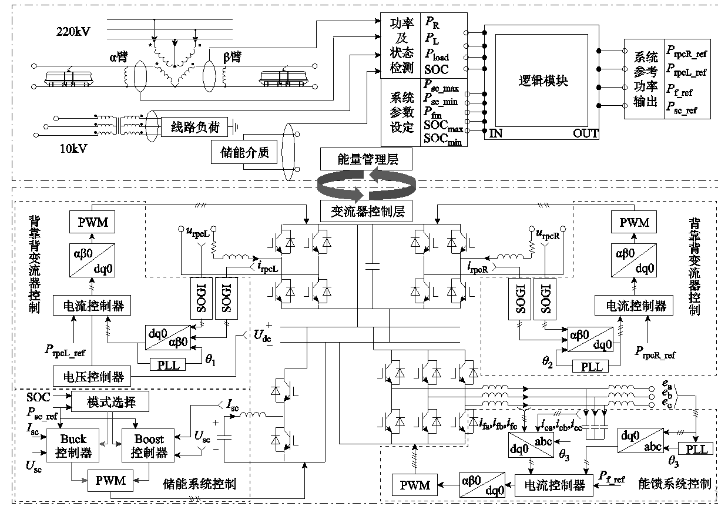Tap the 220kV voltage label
(x=75, y=30)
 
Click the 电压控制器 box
(x=92, y=374)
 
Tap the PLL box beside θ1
(x=167, y=365)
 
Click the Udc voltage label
(x=262, y=336)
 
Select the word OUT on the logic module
(x=585, y=134)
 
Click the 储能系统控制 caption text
(x=199, y=484)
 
